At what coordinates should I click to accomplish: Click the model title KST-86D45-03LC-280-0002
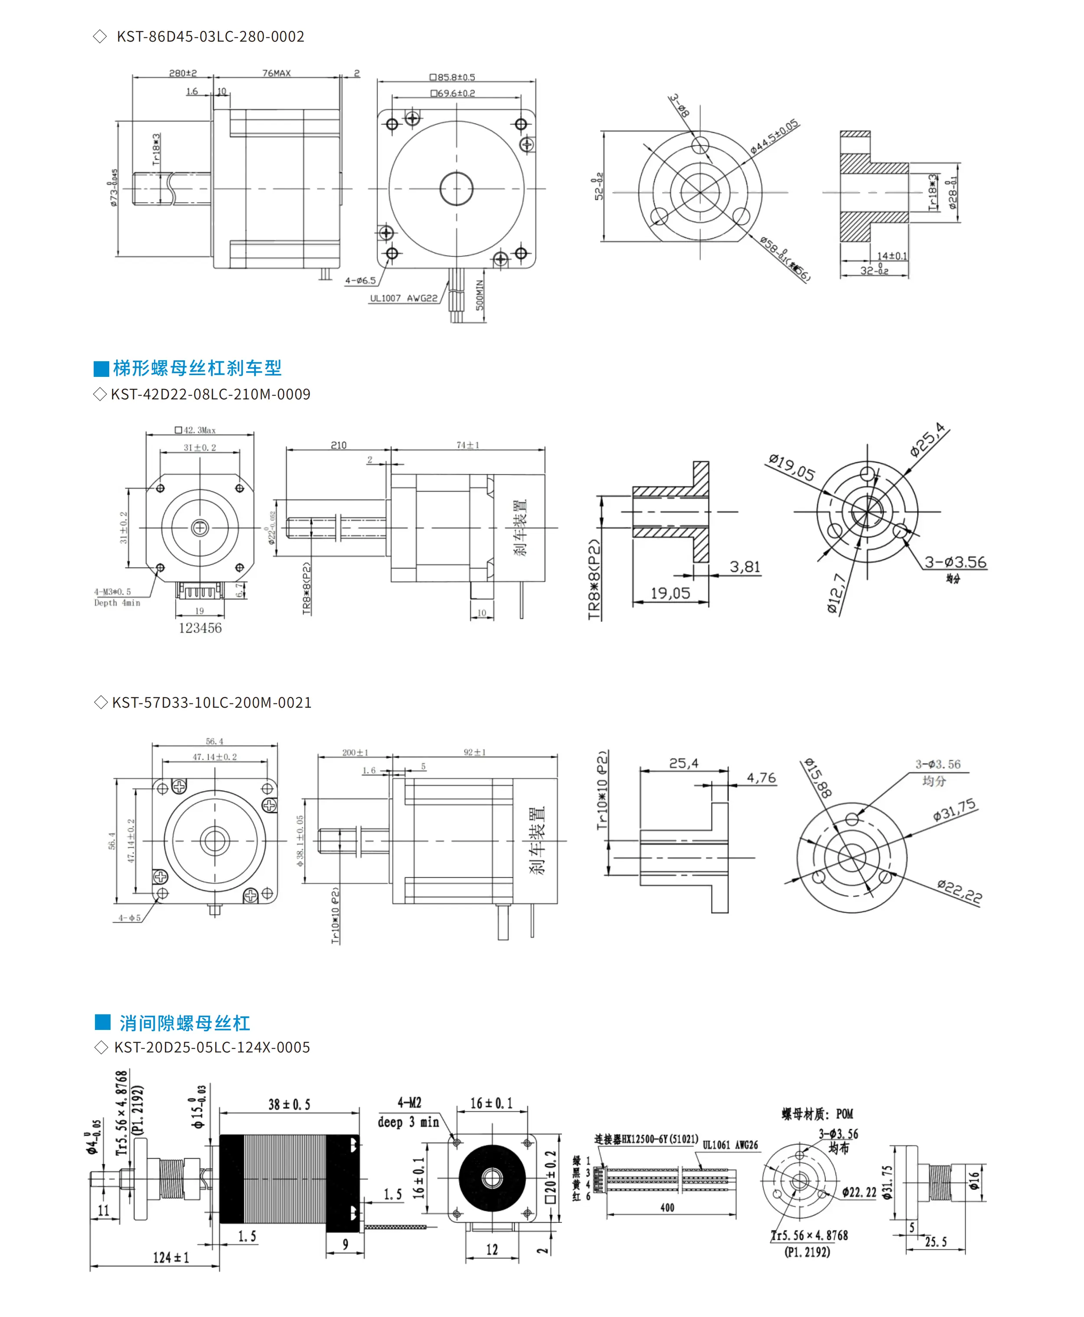pyautogui.click(x=210, y=36)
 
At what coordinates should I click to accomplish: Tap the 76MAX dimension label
pyautogui.click(x=276, y=73)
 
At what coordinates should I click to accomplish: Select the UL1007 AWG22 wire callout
pyautogui.click(x=403, y=298)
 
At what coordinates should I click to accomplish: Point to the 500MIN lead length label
pyautogui.click(x=480, y=295)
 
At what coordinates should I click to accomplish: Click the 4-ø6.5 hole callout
pyautogui.click(x=360, y=281)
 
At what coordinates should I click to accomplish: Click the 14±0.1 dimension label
pyautogui.click(x=891, y=256)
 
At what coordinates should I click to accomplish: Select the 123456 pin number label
pyautogui.click(x=200, y=628)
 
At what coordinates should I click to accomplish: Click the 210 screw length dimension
pyautogui.click(x=339, y=445)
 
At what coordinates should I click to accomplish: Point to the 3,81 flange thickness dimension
pyautogui.click(x=745, y=567)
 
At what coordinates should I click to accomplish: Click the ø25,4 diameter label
pyautogui.click(x=927, y=440)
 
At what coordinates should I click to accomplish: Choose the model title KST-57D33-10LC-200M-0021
pyautogui.click(x=211, y=703)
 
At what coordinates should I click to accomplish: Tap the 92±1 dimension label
pyautogui.click(x=474, y=752)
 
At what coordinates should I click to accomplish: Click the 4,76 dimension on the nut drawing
pyautogui.click(x=761, y=778)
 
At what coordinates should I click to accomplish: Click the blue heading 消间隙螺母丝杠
pyautogui.click(x=184, y=1023)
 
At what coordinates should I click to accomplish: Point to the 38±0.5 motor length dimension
pyautogui.click(x=289, y=1105)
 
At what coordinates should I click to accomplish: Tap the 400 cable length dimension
pyautogui.click(x=667, y=1208)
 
